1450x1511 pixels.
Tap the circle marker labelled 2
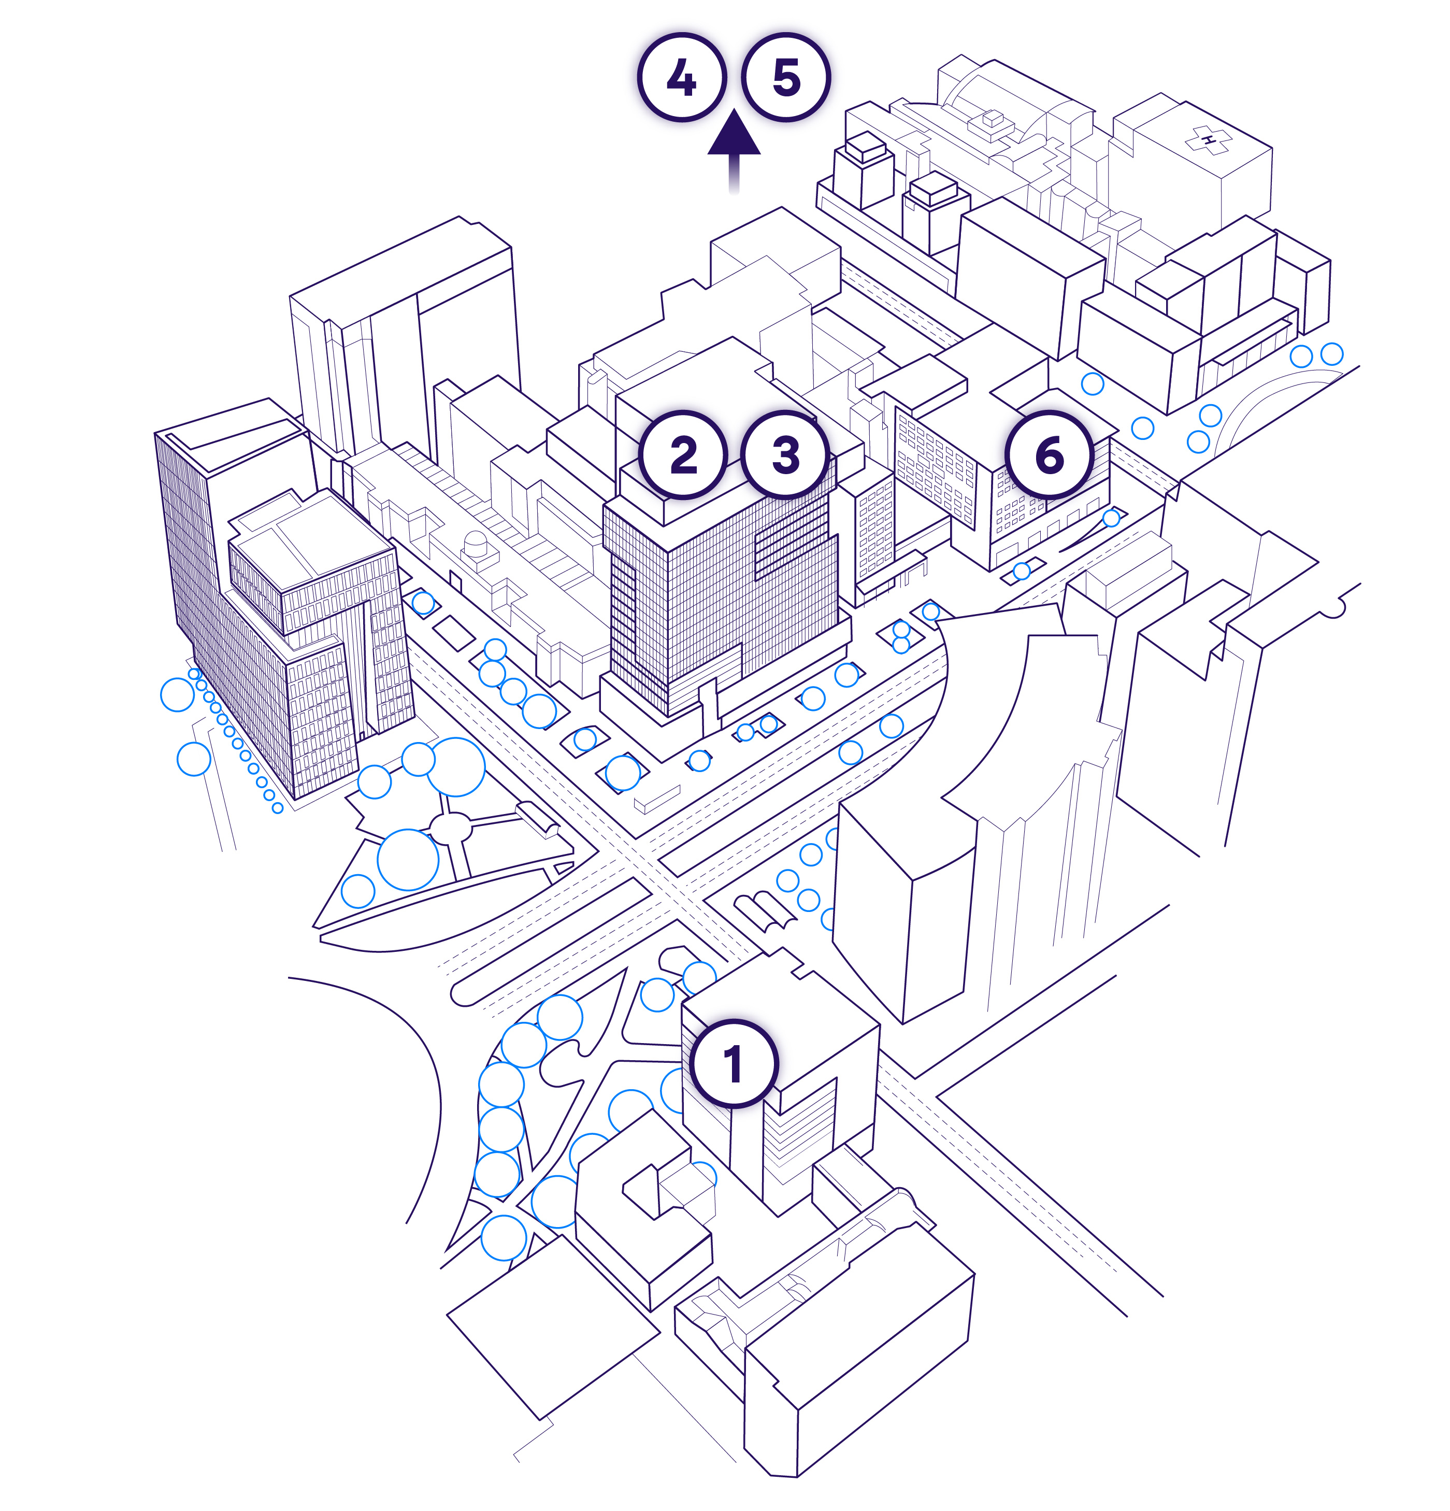(x=683, y=455)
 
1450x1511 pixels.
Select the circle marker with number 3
(x=785, y=455)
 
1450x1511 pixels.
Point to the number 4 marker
(x=681, y=77)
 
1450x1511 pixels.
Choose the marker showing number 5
(x=785, y=77)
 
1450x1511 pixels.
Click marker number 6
(x=1049, y=455)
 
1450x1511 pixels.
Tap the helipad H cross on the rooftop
(x=1208, y=139)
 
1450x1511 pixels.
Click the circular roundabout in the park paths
(x=450, y=829)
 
